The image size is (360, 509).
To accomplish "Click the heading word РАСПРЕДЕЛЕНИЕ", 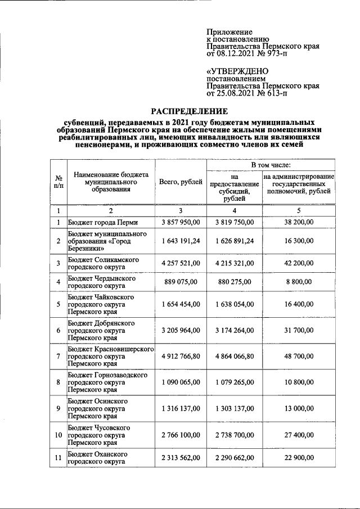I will tap(189, 111).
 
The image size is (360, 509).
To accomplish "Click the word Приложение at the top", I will tap(229, 32).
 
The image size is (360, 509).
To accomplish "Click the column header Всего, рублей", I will tap(181, 182).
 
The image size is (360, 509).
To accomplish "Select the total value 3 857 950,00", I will tap(181, 223).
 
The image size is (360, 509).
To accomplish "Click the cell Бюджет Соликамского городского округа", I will tap(103, 264).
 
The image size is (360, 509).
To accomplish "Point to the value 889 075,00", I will tap(181, 282).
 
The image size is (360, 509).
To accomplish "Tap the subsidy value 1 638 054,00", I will tap(235, 304).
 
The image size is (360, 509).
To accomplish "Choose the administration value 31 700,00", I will tap(299, 331).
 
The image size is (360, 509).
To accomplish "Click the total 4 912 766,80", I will tap(181, 357).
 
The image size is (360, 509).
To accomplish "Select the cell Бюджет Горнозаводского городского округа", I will tap(107, 382).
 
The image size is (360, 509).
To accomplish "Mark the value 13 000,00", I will tap(299, 409).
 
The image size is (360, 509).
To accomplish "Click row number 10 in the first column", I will tap(58, 435).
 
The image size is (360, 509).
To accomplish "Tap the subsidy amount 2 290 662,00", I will tap(235, 458).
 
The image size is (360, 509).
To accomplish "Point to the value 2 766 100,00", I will tap(181, 435).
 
